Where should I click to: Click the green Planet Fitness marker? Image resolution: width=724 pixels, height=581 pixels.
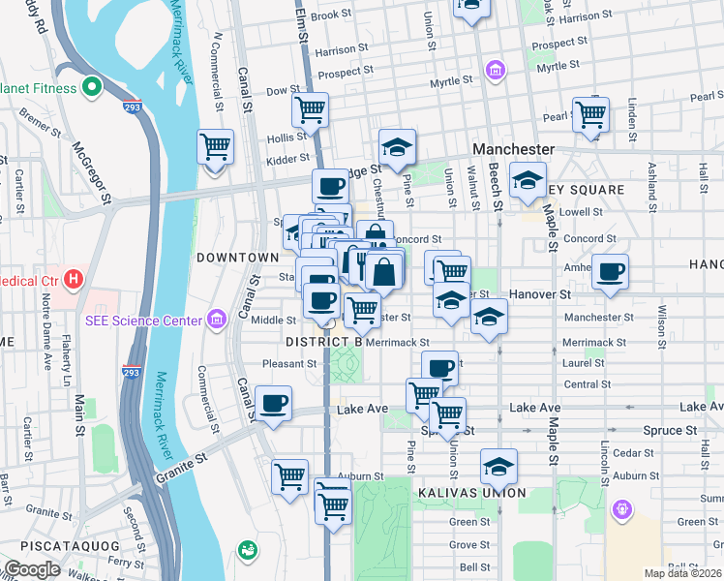[x=93, y=88]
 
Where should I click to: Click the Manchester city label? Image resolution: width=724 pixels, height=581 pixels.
[x=513, y=149]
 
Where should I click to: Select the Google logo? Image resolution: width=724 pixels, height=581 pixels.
[x=33, y=569]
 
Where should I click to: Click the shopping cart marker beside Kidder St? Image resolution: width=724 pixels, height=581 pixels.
[x=216, y=148]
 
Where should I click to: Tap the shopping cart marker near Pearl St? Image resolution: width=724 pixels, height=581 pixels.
[x=589, y=114]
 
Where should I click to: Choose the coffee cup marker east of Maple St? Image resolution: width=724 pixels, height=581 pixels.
[x=610, y=272]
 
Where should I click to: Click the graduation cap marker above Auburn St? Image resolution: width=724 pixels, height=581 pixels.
[x=498, y=467]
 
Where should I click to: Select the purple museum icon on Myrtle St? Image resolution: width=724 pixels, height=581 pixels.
[x=497, y=70]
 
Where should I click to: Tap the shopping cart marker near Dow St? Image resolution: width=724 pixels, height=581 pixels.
[x=310, y=110]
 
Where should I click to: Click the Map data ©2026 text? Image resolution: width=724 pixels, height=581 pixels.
[x=683, y=573]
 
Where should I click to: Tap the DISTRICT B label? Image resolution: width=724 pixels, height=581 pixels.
[x=323, y=342]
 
